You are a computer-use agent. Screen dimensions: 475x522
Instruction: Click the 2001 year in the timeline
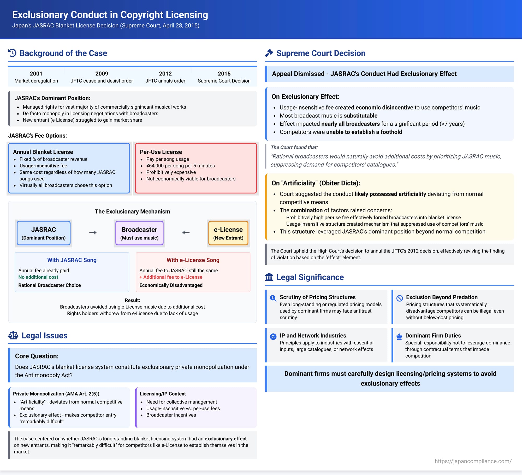click(36, 74)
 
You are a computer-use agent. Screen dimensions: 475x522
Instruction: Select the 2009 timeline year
click(102, 74)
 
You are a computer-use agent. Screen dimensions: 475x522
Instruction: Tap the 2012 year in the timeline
click(165, 74)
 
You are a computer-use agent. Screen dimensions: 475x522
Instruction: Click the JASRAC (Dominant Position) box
click(44, 233)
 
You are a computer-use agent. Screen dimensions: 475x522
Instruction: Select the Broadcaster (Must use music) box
click(139, 233)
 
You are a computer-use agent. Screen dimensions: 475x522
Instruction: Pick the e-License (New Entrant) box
click(228, 233)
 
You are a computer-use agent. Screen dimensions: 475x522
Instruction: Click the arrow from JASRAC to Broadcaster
click(93, 232)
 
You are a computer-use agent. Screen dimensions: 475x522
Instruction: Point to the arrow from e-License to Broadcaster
click(186, 232)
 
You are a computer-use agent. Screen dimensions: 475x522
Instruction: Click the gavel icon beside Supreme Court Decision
click(269, 53)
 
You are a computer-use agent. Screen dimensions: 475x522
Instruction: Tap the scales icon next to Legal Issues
click(13, 335)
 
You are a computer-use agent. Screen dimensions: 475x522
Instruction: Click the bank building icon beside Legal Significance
click(269, 277)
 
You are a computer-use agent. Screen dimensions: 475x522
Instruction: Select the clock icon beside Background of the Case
click(12, 53)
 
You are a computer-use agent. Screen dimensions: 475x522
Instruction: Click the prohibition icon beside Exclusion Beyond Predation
click(399, 298)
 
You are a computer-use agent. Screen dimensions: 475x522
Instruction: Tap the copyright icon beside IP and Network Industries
click(273, 337)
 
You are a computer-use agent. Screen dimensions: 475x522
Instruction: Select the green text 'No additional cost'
click(38, 277)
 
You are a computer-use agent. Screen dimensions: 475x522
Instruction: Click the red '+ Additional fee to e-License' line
click(171, 277)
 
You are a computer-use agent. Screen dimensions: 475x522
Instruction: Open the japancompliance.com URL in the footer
click(473, 461)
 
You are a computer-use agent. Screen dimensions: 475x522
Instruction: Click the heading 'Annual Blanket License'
click(43, 152)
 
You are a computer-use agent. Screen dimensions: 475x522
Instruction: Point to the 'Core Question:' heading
click(37, 356)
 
